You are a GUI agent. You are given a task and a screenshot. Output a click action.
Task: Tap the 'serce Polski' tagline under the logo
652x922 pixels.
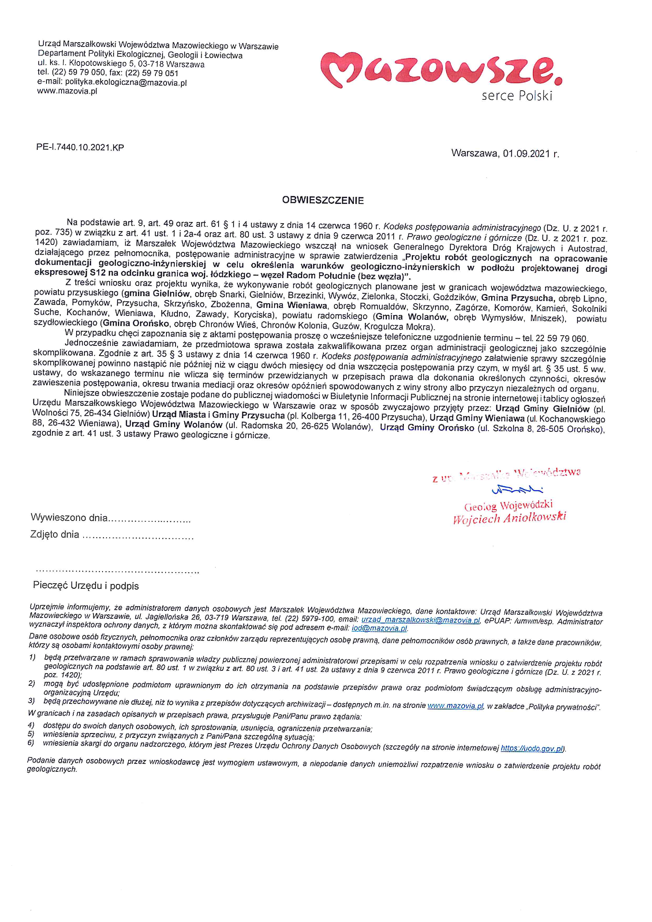point(517,96)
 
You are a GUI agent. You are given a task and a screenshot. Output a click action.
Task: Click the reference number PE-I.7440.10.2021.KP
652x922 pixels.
point(80,147)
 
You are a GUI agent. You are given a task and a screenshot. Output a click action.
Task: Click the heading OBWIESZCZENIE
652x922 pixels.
point(323,200)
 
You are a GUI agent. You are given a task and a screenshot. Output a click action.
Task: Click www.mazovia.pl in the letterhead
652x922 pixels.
point(67,91)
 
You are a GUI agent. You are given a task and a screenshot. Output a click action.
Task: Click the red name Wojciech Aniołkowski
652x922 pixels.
point(509,518)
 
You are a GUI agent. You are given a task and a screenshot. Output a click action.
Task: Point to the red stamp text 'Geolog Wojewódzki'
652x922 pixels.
point(508,505)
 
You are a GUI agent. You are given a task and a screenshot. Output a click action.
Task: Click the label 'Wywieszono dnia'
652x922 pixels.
point(69,518)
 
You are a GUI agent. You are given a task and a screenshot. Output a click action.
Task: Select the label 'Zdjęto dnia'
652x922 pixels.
point(55,534)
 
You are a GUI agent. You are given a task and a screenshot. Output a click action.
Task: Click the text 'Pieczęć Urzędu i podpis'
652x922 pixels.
point(86,586)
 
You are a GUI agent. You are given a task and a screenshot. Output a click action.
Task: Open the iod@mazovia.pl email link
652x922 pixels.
point(379,629)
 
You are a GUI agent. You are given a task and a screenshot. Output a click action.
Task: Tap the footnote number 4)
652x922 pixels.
point(31,724)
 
